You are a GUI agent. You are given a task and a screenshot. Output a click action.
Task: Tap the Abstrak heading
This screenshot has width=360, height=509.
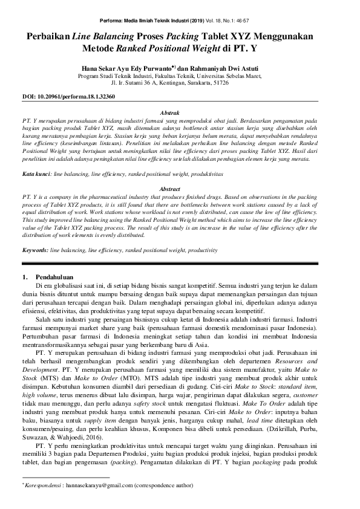point(169,113)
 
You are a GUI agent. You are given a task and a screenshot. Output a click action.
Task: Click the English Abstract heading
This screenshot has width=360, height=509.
point(169,189)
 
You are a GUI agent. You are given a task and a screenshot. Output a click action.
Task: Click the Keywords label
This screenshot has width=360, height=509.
point(35,249)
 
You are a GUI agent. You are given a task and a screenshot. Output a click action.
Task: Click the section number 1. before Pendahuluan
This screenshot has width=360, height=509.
point(25,276)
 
